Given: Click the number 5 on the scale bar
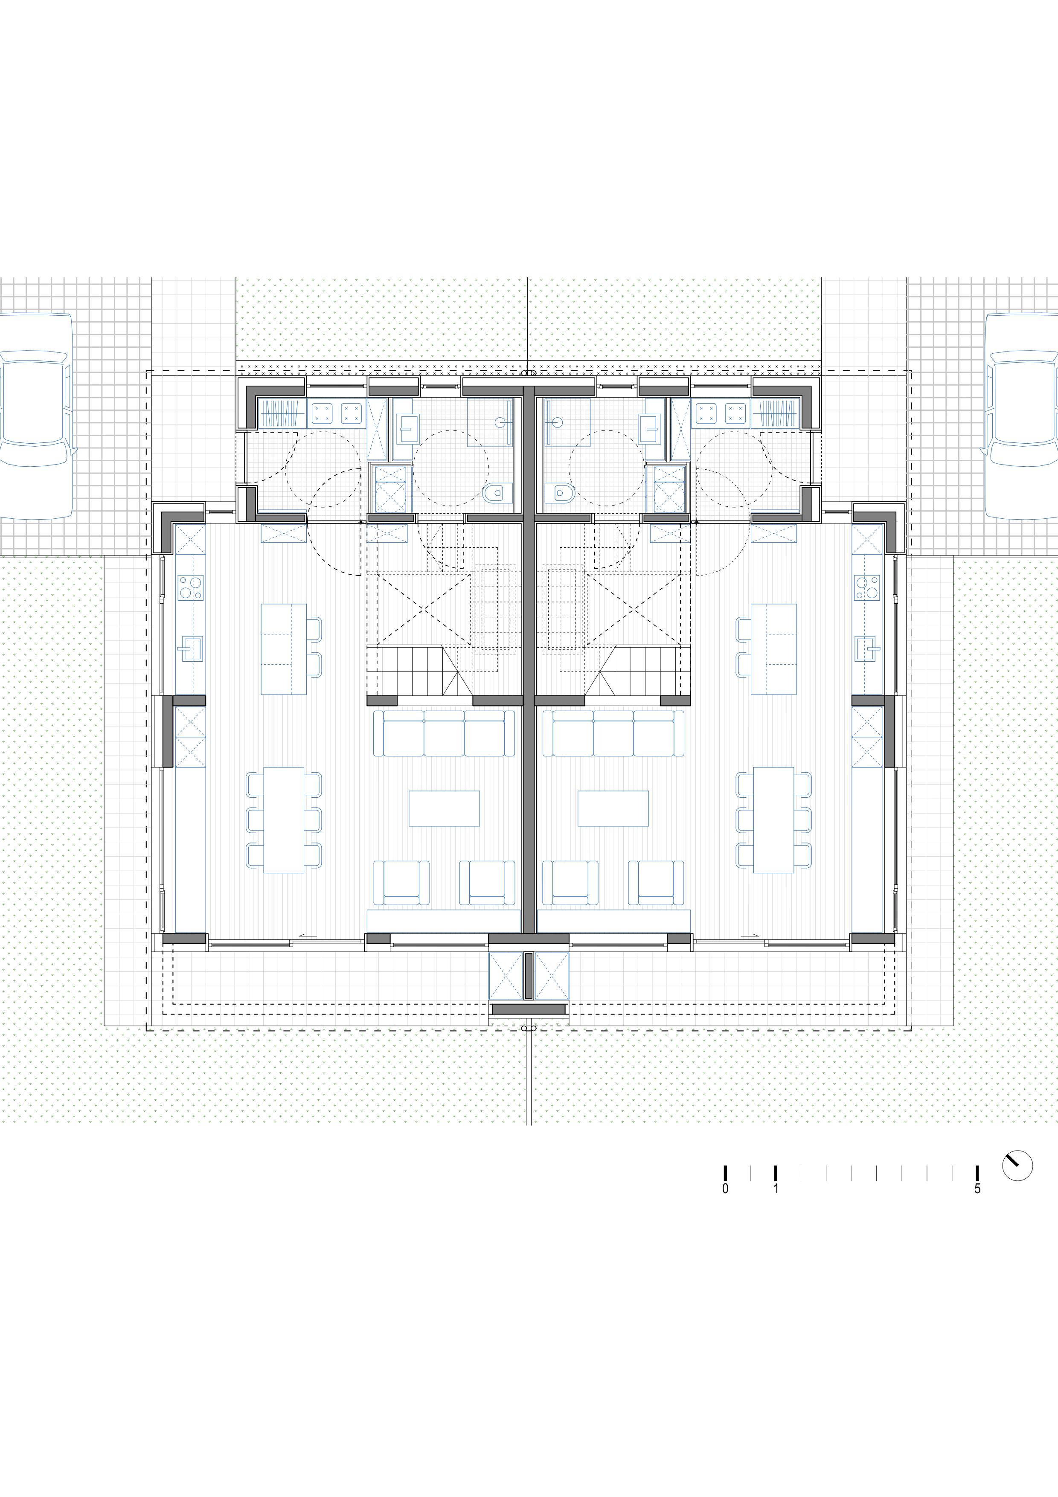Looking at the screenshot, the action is point(977,1189).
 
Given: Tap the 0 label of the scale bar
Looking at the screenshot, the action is point(726,1189).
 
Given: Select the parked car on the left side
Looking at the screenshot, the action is point(36,416).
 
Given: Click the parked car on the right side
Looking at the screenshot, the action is point(1021,416).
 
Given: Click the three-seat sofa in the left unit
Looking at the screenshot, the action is point(445,733).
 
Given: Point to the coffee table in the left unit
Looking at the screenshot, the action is point(444,808).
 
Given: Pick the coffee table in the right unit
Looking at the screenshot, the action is point(613,808).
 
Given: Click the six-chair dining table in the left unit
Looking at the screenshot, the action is point(284,820).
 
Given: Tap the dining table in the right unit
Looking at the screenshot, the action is point(774,820).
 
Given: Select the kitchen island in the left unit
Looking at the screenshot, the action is point(284,649).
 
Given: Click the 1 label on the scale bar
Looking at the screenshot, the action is point(776,1189).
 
